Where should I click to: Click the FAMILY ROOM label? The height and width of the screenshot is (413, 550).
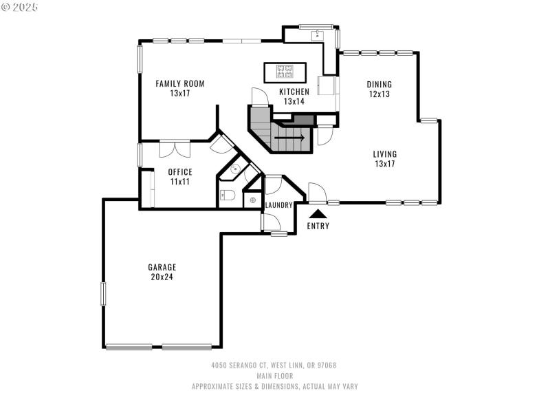[179, 84]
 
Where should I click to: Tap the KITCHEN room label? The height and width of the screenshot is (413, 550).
[294, 92]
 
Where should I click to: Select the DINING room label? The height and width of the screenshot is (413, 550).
[379, 85]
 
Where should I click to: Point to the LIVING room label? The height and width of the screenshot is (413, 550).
[385, 154]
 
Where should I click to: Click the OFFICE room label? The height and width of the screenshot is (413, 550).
[180, 172]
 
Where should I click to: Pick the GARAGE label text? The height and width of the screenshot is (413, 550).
[162, 267]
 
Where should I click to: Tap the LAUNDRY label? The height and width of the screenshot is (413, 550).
[278, 205]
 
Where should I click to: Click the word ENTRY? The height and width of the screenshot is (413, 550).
[318, 226]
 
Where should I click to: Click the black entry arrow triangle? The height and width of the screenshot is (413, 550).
[318, 215]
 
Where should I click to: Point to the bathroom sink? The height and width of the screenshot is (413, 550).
[234, 169]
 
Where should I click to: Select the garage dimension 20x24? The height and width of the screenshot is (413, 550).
[162, 277]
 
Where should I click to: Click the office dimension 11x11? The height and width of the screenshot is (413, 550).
[180, 182]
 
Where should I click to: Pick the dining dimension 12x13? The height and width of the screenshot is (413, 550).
[379, 94]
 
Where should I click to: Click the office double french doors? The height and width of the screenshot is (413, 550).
[175, 149]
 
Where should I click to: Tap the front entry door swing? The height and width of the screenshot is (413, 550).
[316, 193]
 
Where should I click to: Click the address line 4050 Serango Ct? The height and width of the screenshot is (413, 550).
[274, 366]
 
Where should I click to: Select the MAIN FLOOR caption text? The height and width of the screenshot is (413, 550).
[274, 376]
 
